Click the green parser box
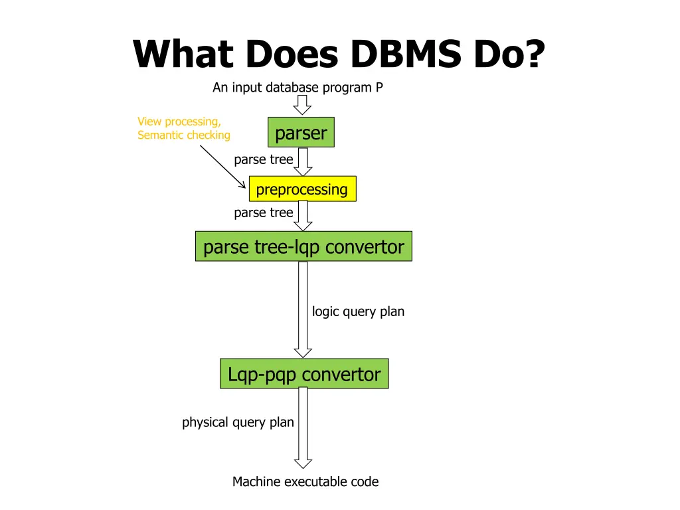301,132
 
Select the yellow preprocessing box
303,189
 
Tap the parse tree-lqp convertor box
303,246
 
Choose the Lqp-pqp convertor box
304,373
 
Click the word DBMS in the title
406,54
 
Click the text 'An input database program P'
297,88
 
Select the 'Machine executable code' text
305,481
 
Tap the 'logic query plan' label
358,312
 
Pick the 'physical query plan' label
238,422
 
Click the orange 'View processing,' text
179,122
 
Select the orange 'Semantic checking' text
184,135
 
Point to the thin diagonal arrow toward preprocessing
222,167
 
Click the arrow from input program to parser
302,105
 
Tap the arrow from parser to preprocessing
303,162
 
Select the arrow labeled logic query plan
303,309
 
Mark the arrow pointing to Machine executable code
303,428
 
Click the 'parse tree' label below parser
263,159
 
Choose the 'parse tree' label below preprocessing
263,213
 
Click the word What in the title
183,54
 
